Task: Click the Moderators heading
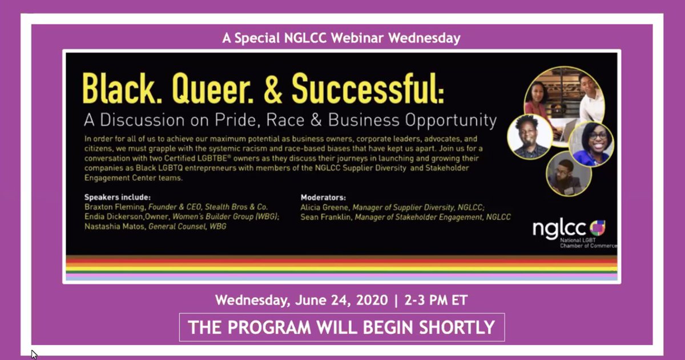point(324,197)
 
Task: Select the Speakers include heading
point(117,197)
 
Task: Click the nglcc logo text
point(559,229)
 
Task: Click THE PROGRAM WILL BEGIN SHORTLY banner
point(341,327)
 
